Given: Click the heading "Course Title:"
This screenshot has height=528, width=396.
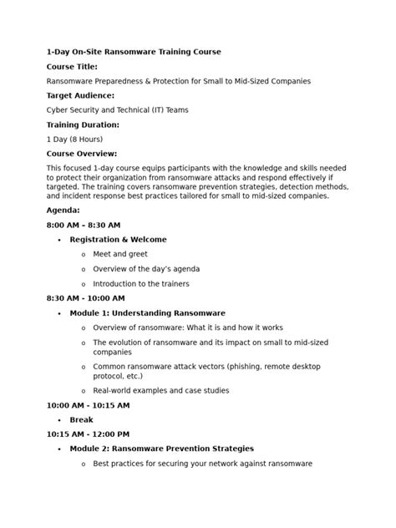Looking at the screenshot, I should coord(72,66).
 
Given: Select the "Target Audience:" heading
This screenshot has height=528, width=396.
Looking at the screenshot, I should coord(79,95).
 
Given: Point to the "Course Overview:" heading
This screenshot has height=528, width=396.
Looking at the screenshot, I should coord(82,154).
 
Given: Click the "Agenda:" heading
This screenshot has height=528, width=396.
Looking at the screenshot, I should coord(63,210).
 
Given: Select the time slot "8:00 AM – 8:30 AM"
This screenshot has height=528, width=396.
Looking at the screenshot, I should coord(84,225).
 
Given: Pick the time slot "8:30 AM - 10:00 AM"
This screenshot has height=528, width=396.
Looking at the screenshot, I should coord(87,297).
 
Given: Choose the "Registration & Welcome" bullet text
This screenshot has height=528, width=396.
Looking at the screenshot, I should coord(118,240).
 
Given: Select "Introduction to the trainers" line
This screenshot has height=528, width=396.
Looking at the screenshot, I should coord(141,283).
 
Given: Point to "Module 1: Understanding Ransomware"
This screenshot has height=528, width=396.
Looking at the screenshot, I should coord(147,312).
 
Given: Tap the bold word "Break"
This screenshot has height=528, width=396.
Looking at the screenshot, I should coord(81,419).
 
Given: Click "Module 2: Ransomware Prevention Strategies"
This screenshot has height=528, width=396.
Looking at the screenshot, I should coord(161,449).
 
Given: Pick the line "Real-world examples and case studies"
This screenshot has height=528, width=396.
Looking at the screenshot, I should coord(160,390).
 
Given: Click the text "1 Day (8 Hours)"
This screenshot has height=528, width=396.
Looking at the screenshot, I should coord(74,139).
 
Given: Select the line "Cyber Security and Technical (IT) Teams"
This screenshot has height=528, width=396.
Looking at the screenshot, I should coord(123,109).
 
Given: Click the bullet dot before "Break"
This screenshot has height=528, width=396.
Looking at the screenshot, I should coord(59,420).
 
